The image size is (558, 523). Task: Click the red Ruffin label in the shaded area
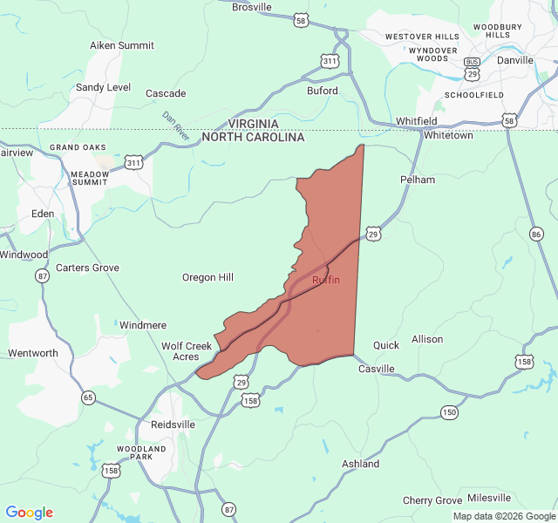[326, 280]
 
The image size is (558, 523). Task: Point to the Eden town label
[43, 214]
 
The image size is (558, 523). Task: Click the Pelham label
[417, 180]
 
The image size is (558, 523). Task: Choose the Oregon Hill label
[208, 277]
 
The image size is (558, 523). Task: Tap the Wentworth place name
[33, 353]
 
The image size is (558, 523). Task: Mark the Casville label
[377, 369]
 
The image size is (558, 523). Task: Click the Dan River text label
[175, 126]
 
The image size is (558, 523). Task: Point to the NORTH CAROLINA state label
[253, 138]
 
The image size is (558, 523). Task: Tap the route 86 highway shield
[535, 234]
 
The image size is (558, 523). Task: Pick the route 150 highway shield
[449, 412]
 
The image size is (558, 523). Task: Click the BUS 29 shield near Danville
[472, 70]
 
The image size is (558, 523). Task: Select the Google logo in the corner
[30, 513]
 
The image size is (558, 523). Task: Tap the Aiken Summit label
[122, 45]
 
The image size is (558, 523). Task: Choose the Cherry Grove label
[432, 500]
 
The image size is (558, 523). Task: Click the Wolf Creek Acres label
[187, 351]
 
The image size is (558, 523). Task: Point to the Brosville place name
[252, 7]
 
